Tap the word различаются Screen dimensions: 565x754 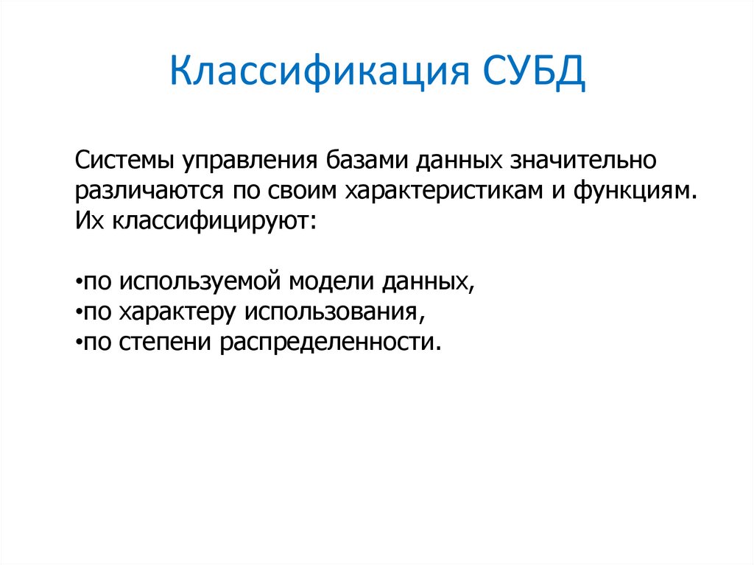tap(145, 191)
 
